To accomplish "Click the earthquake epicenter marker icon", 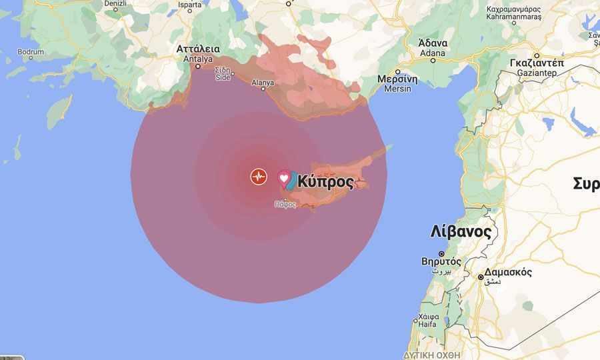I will (x=259, y=177).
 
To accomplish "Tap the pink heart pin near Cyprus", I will (x=284, y=178).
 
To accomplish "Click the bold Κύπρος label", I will (x=325, y=181).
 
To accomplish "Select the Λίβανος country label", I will (x=461, y=232).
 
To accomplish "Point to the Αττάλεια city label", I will (x=198, y=49).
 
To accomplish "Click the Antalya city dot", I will (x=198, y=66).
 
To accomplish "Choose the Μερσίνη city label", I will (x=398, y=79).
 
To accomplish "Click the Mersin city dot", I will (x=398, y=71).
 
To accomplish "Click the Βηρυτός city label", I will (x=441, y=261).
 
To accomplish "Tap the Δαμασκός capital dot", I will (x=481, y=277).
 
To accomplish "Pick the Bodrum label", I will (x=31, y=51).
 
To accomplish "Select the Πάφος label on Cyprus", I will (x=285, y=204).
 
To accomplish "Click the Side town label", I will (x=223, y=77).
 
